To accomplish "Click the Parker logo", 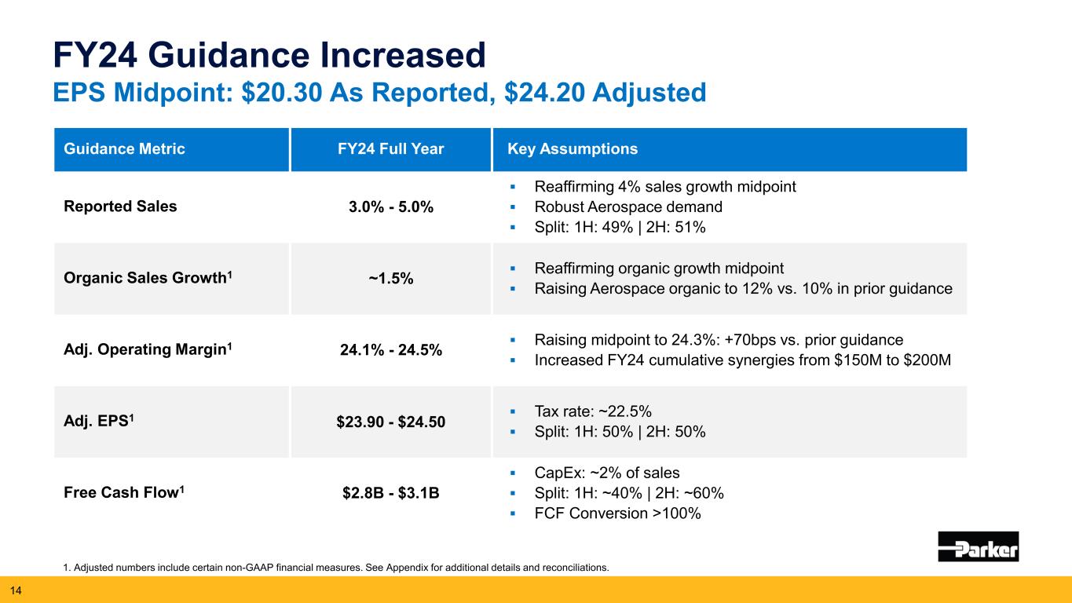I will click(978, 546).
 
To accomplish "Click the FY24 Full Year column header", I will click(391, 149).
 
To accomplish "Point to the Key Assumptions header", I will click(573, 149).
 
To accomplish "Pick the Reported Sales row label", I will click(120, 206).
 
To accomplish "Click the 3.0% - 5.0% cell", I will click(391, 208).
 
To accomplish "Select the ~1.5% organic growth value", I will click(391, 280).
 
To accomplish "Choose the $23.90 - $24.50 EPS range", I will click(391, 422).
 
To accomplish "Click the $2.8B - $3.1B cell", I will click(391, 494).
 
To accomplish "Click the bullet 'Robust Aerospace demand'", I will click(627, 207).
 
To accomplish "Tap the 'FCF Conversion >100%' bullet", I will click(617, 513).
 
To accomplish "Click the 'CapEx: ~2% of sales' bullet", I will click(606, 473).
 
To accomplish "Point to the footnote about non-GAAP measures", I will click(335, 567).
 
